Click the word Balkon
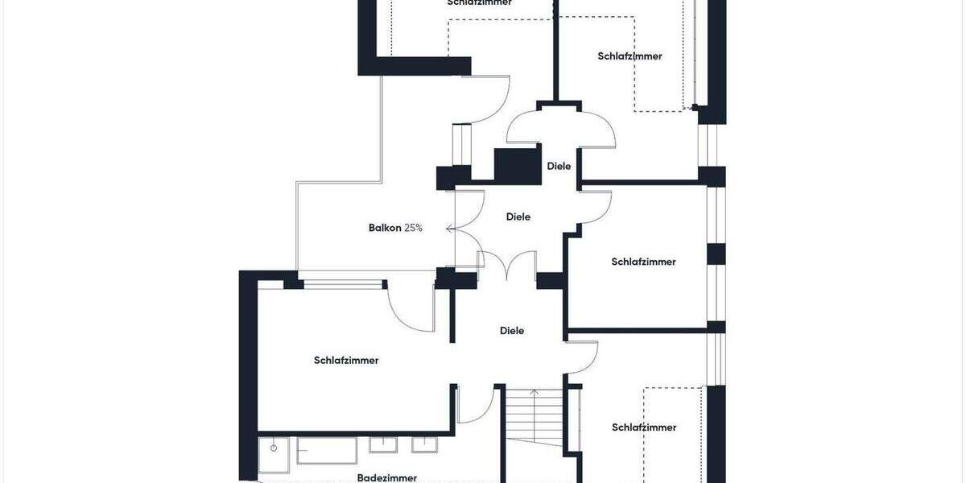[x=385, y=228]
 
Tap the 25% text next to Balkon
[x=413, y=228]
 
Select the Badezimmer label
[x=387, y=477]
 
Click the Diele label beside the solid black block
[x=559, y=166]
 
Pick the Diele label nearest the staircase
[x=512, y=330]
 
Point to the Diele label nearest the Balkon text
[x=518, y=217]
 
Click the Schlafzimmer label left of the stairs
[x=346, y=360]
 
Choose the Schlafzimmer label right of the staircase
[x=644, y=427]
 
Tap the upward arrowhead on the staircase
[x=535, y=391]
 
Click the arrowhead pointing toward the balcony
[x=449, y=229]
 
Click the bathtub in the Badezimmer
[x=327, y=450]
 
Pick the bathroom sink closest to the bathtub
[x=383, y=444]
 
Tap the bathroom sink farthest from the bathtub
[x=424, y=444]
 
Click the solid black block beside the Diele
[x=517, y=166]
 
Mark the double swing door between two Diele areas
[x=507, y=266]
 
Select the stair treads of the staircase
[x=534, y=419]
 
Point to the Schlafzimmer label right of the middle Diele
[x=643, y=262]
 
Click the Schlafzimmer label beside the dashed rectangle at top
[x=630, y=56]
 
